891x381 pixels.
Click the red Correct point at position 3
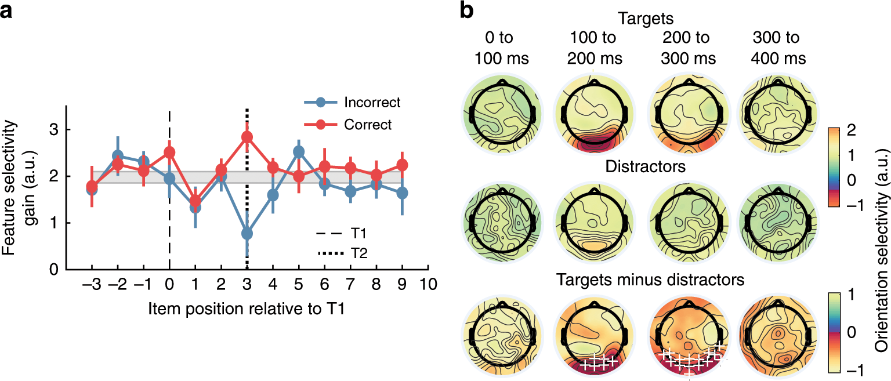pyautogui.click(x=247, y=137)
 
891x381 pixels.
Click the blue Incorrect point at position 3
pyautogui.click(x=247, y=233)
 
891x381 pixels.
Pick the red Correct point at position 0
pyautogui.click(x=169, y=153)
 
